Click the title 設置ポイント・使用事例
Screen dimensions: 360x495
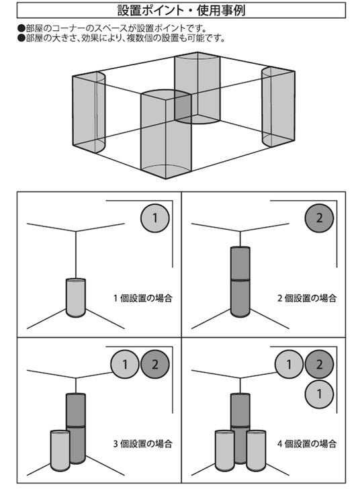pos(181,10)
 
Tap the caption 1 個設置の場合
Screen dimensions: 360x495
pos(143,298)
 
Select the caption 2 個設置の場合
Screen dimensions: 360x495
pos(307,298)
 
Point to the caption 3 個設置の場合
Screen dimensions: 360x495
pos(143,444)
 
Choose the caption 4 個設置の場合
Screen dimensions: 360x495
pos(307,444)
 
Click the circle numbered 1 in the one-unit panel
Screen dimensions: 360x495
pos(154,218)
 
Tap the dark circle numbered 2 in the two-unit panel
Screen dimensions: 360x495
pos(319,218)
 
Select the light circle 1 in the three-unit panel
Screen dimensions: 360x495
pos(125,364)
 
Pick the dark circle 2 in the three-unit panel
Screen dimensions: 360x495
pos(155,364)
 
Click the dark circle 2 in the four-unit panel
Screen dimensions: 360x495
pos(319,364)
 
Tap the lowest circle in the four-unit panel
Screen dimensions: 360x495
pos(319,394)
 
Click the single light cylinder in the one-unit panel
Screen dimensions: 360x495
pos(76,298)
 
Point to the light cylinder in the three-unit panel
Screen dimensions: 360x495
pos(60,451)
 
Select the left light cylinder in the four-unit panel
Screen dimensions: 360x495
pos(224,451)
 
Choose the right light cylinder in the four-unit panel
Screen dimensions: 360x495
pos(256,451)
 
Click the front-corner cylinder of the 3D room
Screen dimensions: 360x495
pos(166,134)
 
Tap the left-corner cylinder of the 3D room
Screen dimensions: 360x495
pos(89,112)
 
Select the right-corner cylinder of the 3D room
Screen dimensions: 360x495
pos(278,107)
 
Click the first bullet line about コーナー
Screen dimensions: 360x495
pos(112,28)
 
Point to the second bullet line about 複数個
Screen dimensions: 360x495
pos(122,38)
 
